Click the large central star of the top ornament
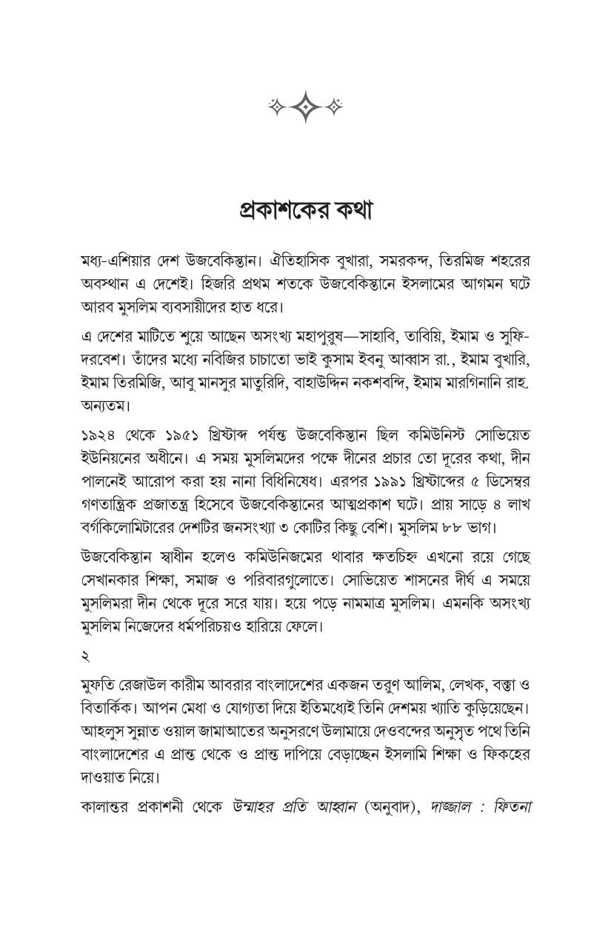click(x=304, y=107)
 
